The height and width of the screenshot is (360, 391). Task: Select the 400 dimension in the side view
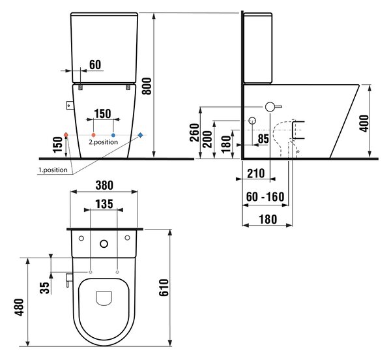point(364,123)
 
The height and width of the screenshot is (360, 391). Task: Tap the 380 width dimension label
point(104,185)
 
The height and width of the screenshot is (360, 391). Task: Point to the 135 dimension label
point(104,204)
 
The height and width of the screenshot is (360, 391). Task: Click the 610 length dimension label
point(164,288)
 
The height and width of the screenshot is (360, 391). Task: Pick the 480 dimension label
point(20,307)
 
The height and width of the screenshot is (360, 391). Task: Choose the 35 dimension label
point(45,288)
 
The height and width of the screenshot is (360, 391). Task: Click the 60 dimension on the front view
point(95,65)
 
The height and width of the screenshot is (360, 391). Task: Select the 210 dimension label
point(256,173)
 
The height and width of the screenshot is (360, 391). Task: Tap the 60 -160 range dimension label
point(265,197)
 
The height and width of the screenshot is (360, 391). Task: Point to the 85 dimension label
point(263,139)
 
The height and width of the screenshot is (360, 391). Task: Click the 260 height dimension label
point(194,132)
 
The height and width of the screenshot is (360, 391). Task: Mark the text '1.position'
point(53,170)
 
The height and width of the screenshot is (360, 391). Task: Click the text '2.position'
point(103,142)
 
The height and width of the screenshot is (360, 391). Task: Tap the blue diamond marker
point(140,135)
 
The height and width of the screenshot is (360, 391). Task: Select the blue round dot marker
point(113,135)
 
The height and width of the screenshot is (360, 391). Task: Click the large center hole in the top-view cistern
point(104,244)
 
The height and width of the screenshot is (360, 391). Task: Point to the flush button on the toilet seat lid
point(104,298)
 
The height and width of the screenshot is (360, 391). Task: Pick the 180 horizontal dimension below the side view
point(268,220)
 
